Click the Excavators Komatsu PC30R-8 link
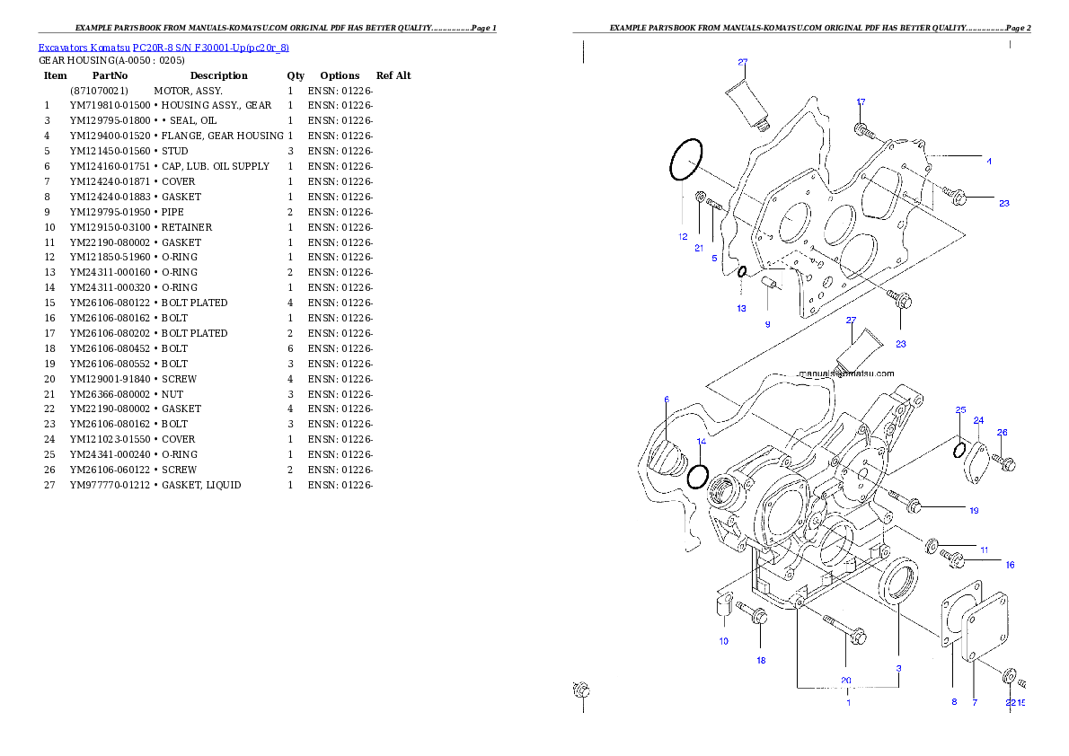(163, 48)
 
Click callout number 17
(861, 102)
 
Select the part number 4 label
(989, 162)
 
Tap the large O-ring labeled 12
(686, 161)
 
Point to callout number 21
(699, 249)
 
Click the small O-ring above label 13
(742, 271)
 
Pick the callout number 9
(767, 324)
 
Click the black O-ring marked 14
(698, 476)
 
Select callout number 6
(667, 400)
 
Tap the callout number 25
(960, 410)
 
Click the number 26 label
(1003, 433)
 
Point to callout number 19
(974, 511)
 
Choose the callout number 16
(1010, 566)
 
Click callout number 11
(985, 549)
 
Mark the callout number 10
(724, 641)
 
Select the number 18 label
(761, 661)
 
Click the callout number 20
(845, 680)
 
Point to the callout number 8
(954, 702)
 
